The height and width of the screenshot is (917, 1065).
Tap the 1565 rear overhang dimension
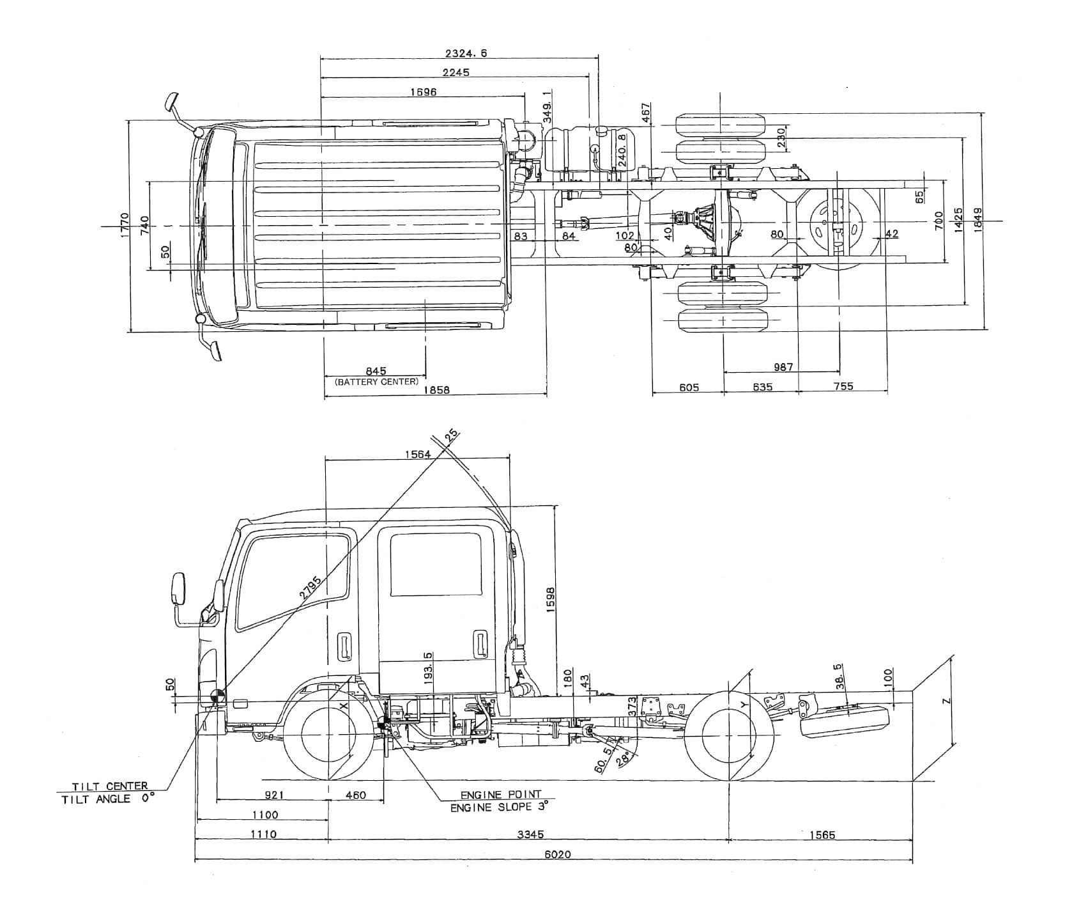click(822, 835)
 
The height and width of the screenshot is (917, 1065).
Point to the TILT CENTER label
click(109, 786)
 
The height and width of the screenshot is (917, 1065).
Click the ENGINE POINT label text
click(501, 795)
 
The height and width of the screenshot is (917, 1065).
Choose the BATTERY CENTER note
click(376, 382)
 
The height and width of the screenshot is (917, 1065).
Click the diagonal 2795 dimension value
click(310, 586)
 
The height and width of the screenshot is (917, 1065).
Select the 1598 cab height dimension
click(550, 601)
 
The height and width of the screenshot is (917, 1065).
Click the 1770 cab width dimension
click(125, 226)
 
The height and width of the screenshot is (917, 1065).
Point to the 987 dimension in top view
click(783, 366)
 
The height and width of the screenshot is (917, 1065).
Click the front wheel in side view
click(328, 735)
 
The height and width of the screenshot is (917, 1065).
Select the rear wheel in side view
click(729, 735)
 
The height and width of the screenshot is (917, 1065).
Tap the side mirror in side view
click(178, 589)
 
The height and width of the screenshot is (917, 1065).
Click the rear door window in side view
click(435, 563)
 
